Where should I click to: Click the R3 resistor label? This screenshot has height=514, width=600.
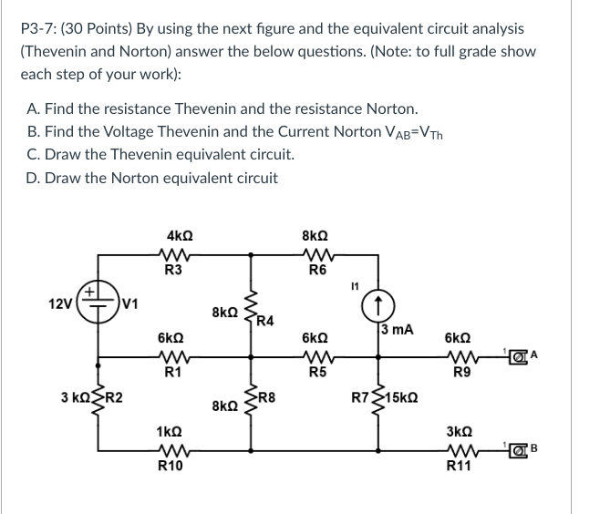tap(173, 269)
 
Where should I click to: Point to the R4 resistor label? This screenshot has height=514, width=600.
tap(264, 320)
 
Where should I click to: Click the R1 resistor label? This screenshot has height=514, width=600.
tap(171, 372)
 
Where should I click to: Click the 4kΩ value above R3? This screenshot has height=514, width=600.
tap(172, 232)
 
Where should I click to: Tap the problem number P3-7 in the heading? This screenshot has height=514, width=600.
tap(42, 28)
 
